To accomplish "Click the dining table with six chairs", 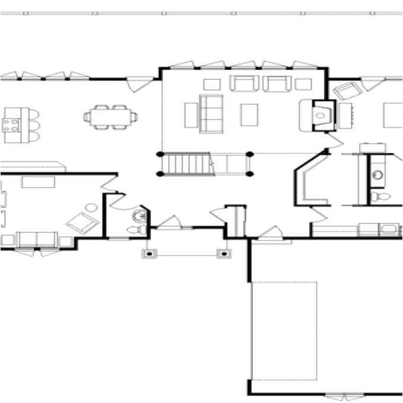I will (x=111, y=117).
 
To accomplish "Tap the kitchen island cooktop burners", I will (x=11, y=124).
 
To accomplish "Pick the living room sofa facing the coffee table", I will (x=211, y=113).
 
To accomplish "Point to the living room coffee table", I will (x=249, y=114).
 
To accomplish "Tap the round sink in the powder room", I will (x=139, y=216).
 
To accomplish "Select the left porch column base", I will (x=150, y=254).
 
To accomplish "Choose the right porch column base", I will (x=224, y=254).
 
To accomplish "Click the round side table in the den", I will (x=91, y=208).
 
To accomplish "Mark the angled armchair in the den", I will (x=82, y=223).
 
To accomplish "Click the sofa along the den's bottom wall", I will (x=37, y=239).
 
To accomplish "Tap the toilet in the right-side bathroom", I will (x=379, y=196).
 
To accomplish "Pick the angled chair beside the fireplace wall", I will (x=348, y=91).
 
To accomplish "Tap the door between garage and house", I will (x=271, y=233).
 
